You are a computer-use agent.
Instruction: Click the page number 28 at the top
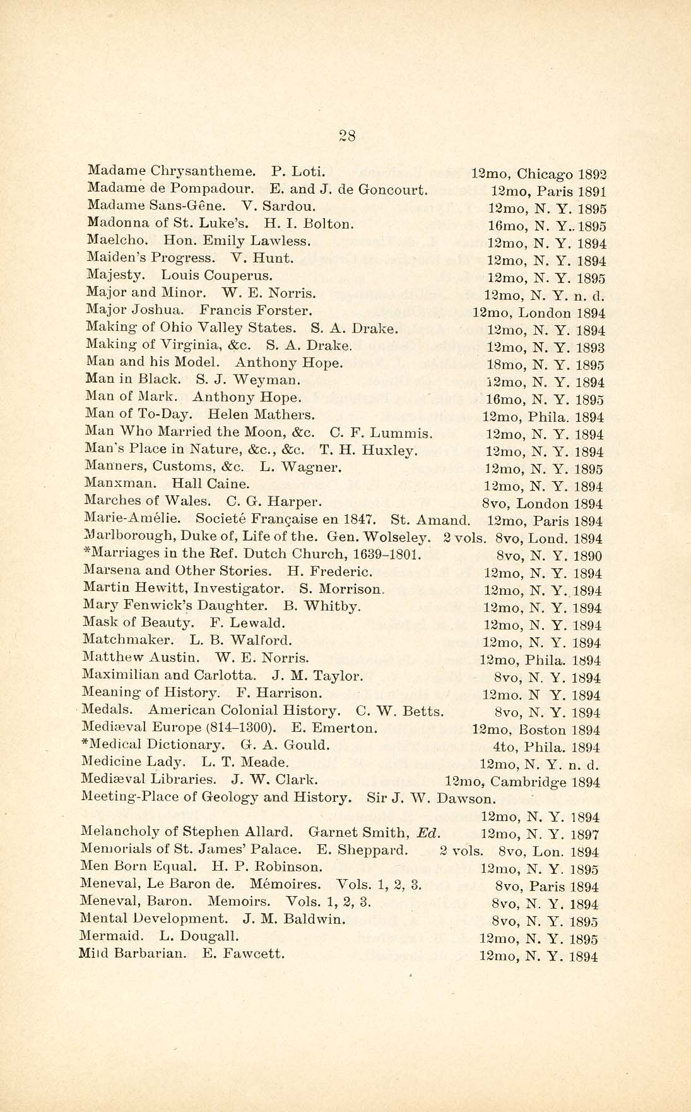(347, 135)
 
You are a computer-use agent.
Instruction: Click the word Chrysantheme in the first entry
(214, 170)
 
